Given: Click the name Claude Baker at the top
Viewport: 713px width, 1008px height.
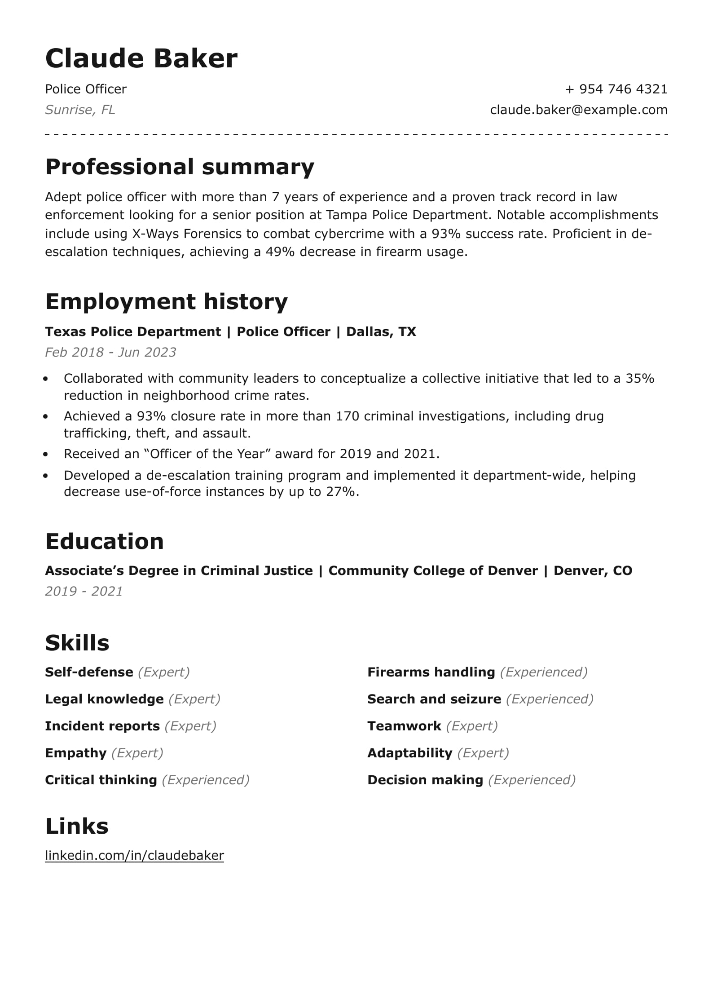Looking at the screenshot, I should (x=141, y=58).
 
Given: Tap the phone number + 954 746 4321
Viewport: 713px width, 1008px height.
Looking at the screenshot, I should (x=616, y=89).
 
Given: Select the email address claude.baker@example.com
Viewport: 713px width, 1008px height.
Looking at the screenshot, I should (x=578, y=110).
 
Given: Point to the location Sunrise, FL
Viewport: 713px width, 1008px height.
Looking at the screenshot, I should (x=80, y=110).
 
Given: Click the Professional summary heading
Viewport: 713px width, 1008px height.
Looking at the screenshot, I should (x=180, y=167).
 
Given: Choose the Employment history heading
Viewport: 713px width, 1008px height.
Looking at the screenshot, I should (x=166, y=301).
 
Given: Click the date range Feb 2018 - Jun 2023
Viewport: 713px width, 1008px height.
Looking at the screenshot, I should (x=110, y=352).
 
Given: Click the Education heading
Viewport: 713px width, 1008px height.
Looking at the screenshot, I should (x=104, y=541).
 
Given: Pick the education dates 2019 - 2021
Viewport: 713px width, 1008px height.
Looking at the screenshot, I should (x=84, y=591).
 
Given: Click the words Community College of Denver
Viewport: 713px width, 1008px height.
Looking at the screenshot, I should (x=433, y=570).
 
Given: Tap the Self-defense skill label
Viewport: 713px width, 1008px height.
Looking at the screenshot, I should (x=89, y=672).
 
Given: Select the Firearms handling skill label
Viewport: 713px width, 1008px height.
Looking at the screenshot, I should (x=431, y=672).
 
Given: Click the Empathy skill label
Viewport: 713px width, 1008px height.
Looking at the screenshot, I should (x=75, y=753).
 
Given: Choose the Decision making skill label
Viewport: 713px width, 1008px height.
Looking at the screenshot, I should (x=425, y=780).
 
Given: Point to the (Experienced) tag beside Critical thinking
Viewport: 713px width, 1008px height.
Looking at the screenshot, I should (x=206, y=780).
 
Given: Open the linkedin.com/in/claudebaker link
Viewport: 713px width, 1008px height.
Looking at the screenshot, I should (x=134, y=855).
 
